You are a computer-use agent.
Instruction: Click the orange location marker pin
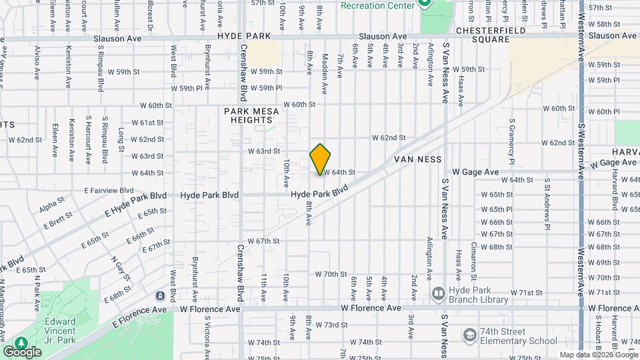[x=320, y=159]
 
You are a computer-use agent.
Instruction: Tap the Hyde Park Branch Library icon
[x=438, y=293]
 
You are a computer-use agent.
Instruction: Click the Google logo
[x=23, y=351]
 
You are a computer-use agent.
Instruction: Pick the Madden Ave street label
[x=325, y=73]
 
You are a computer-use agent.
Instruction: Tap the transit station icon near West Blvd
[x=160, y=295]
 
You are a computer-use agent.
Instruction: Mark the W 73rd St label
[x=331, y=325]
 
